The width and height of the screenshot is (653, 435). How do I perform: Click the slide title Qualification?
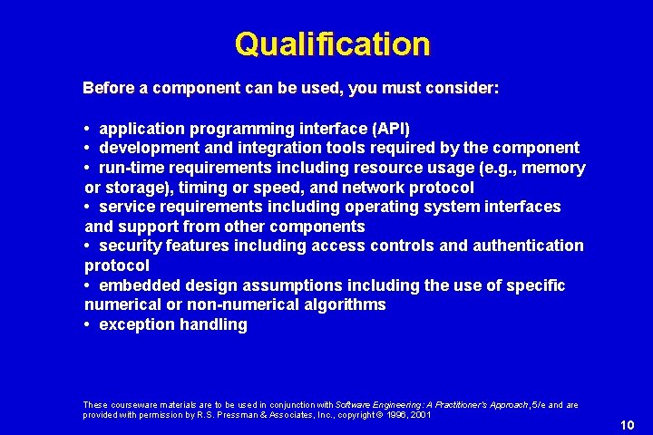pyautogui.click(x=332, y=43)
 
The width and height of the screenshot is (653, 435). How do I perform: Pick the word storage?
pyautogui.click(x=136, y=188)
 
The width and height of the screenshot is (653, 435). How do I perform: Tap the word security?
pyautogui.click(x=131, y=246)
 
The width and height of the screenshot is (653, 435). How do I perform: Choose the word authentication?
pyautogui.click(x=527, y=246)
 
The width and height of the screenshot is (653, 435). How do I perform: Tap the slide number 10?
pyautogui.click(x=626, y=425)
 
